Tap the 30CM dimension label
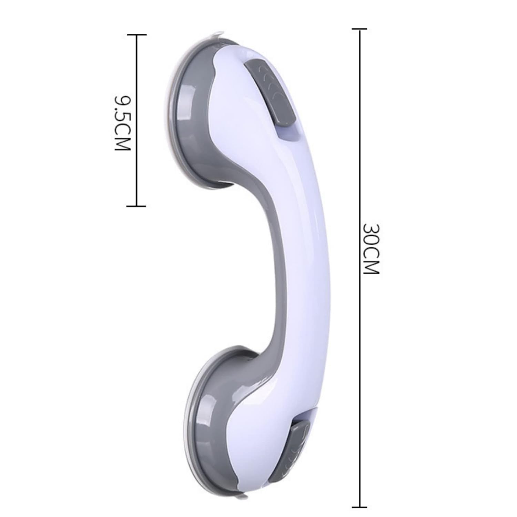click(371, 249)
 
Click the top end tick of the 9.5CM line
click(137, 35)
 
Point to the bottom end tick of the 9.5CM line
click(137, 206)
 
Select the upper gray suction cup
click(188, 114)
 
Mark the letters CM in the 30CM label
click(371, 262)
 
